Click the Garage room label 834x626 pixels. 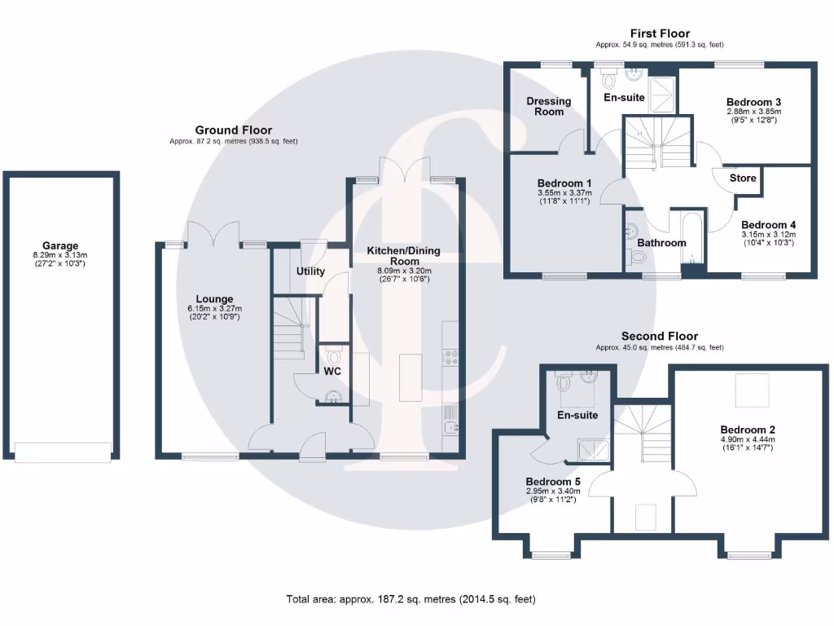tap(60, 245)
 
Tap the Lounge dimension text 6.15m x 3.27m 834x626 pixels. tap(214, 309)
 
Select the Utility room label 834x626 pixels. tap(310, 271)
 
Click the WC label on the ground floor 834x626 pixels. tap(331, 371)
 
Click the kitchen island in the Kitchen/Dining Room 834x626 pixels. tap(410, 377)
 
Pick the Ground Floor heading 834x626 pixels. tap(233, 130)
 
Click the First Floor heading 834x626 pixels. tap(660, 33)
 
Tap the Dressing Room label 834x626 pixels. tap(548, 106)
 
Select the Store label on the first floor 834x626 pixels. tap(742, 178)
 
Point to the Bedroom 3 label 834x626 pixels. tap(753, 101)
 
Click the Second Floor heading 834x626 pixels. tap(660, 336)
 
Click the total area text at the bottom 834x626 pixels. tap(410, 599)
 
